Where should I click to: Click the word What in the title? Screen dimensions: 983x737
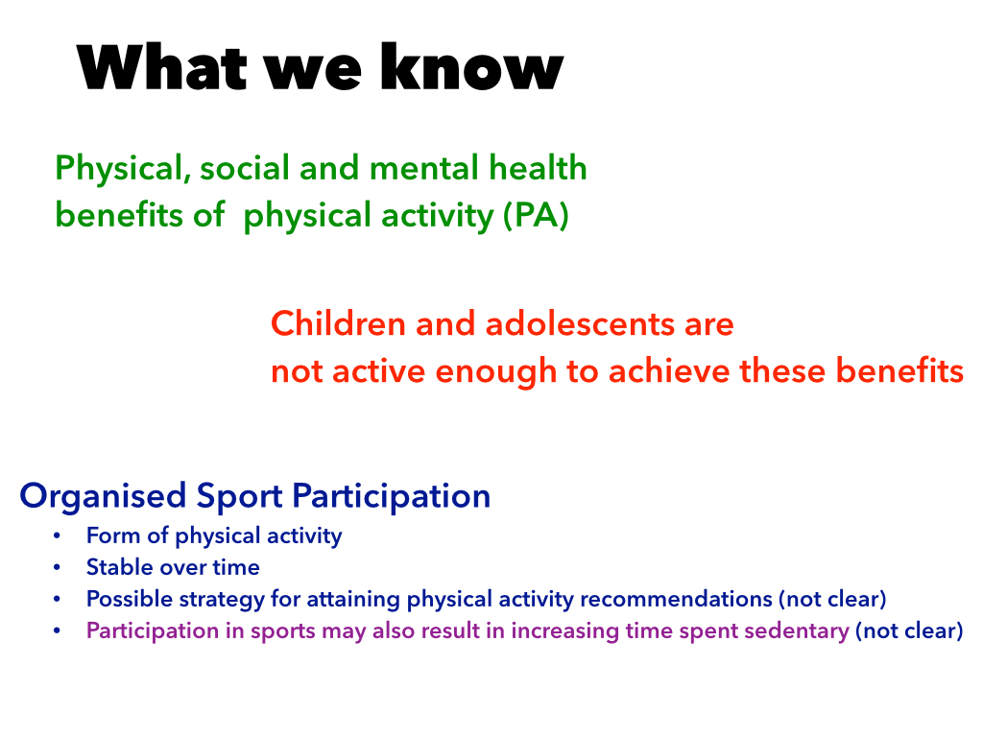(x=161, y=66)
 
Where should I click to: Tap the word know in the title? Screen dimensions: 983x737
(x=472, y=66)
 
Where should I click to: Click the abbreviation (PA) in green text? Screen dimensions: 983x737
(x=536, y=216)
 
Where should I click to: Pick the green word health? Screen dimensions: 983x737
(x=538, y=168)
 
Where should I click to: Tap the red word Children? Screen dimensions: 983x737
(x=338, y=324)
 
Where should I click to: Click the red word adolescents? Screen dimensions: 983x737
(x=580, y=324)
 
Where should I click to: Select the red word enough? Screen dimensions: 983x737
(x=496, y=372)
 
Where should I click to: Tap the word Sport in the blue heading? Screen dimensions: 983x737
(x=239, y=496)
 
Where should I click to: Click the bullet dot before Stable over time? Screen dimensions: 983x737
(x=57, y=567)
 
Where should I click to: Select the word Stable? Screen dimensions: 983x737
(x=120, y=567)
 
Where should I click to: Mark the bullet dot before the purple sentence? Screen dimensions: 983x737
(x=57, y=630)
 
